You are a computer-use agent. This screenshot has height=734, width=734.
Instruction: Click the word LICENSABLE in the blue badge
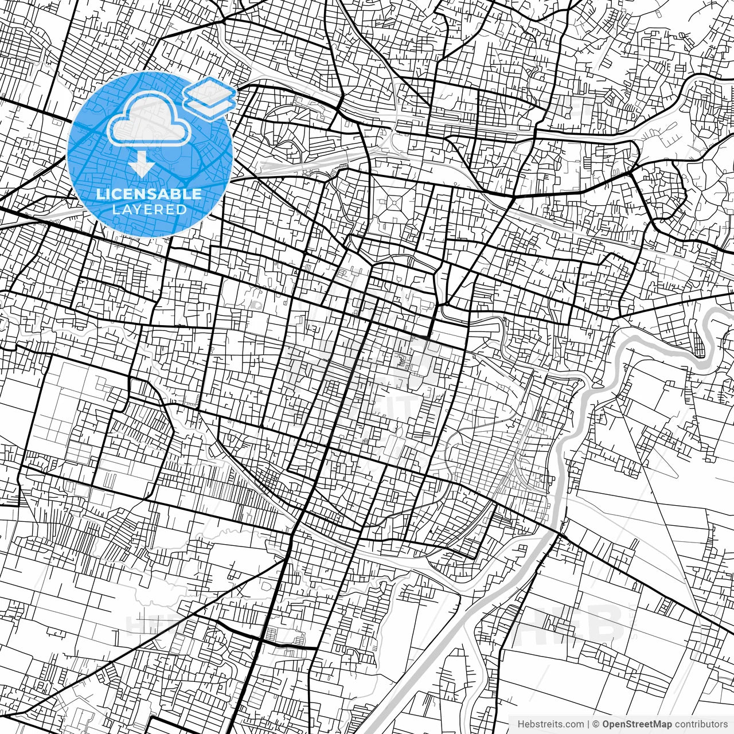pos(149,194)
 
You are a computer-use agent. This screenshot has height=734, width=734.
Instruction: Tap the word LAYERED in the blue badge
pos(149,209)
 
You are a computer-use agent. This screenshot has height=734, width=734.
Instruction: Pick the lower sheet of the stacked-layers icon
pos(210,104)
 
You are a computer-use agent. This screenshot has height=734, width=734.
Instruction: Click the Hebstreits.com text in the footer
pos(551,724)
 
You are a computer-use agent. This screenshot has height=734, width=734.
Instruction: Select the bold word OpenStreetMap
pos(637,724)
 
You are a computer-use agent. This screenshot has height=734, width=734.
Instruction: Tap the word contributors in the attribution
pos(701,724)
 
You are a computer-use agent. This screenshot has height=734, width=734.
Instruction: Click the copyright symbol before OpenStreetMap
pos(596,724)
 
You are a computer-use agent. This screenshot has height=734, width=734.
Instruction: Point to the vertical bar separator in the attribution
pos(588,724)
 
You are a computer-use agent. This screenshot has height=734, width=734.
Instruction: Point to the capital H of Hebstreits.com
pos(521,724)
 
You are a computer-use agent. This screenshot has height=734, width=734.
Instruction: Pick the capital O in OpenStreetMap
pos(606,724)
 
